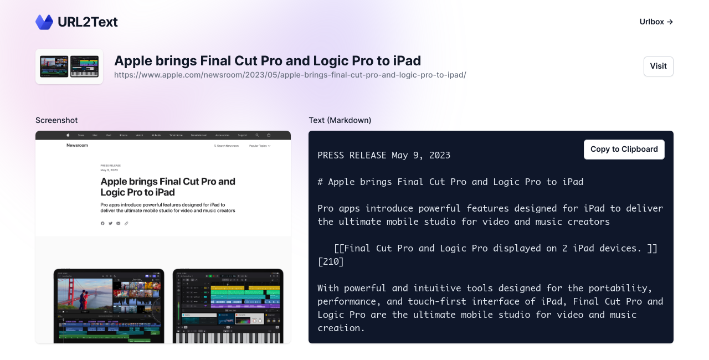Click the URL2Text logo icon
(x=44, y=22)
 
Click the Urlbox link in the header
(x=656, y=22)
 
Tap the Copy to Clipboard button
(x=624, y=149)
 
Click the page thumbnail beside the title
(x=69, y=66)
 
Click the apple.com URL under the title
(x=290, y=75)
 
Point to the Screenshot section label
(x=56, y=120)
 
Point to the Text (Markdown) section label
(x=340, y=120)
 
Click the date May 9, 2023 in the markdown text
(x=421, y=155)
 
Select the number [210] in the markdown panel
(x=331, y=261)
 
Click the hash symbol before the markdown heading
(x=320, y=182)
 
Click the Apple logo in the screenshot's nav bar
(x=68, y=135)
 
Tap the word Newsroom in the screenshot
(x=77, y=145)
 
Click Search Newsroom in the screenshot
(x=227, y=146)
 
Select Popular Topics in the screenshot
(x=259, y=146)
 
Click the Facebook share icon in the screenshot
(x=102, y=223)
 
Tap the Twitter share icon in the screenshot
(x=110, y=223)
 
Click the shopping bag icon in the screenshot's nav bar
(x=269, y=135)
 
